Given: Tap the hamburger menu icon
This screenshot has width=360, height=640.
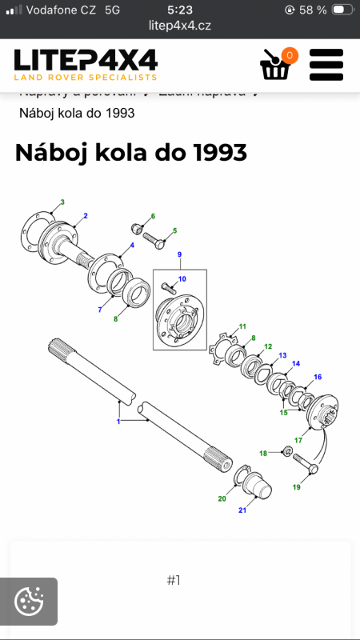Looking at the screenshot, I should click(x=326, y=65).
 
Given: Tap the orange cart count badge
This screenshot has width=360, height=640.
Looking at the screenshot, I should click(x=289, y=55).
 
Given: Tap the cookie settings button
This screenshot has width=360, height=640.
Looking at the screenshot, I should click(x=29, y=601).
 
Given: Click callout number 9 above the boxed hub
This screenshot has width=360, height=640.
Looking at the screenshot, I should click(x=180, y=255).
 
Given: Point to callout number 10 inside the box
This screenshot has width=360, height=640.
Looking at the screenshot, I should click(x=182, y=279).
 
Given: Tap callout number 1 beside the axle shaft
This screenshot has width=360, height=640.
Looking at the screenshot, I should click(x=118, y=421).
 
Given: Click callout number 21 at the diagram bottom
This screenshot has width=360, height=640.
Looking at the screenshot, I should click(x=242, y=510).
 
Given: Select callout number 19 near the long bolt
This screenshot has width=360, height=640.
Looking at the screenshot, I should click(x=297, y=487).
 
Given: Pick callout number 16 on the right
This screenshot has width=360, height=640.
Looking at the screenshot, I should click(x=318, y=377).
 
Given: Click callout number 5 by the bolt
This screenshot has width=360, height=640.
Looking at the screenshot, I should click(x=174, y=230).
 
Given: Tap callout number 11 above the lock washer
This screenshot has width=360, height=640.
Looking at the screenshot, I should click(x=242, y=326).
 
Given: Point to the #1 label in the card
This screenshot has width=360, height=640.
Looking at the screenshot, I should click(x=174, y=580).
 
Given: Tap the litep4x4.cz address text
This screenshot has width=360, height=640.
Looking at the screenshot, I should click(x=180, y=25).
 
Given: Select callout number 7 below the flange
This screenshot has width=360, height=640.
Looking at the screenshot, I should click(x=100, y=310).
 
